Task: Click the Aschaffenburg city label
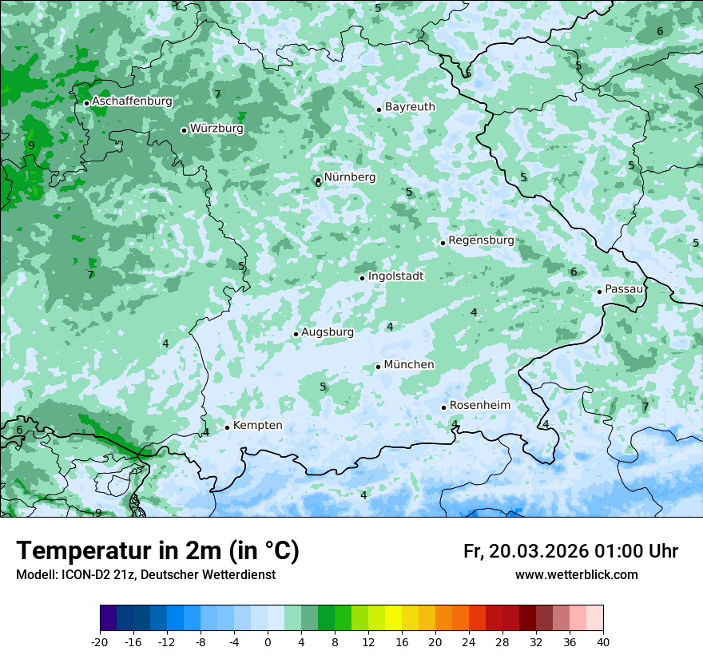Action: coord(132,101)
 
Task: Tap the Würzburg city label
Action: coord(216,129)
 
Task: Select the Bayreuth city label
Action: coord(410,107)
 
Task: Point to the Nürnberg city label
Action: coord(349,177)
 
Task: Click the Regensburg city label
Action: coord(481,240)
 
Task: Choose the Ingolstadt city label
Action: coord(395,276)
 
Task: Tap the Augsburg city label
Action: coord(327,332)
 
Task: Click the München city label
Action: coord(409,365)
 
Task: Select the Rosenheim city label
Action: coord(479,406)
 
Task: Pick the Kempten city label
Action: coord(257,426)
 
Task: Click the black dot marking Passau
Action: coord(599,292)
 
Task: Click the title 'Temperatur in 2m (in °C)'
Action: coord(157,551)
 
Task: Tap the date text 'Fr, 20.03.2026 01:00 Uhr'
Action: coord(570,551)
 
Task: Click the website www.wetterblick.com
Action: coord(576,574)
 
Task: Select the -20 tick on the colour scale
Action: coord(100,641)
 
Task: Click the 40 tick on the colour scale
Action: coord(603,641)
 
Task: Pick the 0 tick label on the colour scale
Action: coord(268,641)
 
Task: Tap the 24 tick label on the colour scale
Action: coord(469,641)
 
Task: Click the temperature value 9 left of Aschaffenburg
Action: coord(31,145)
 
